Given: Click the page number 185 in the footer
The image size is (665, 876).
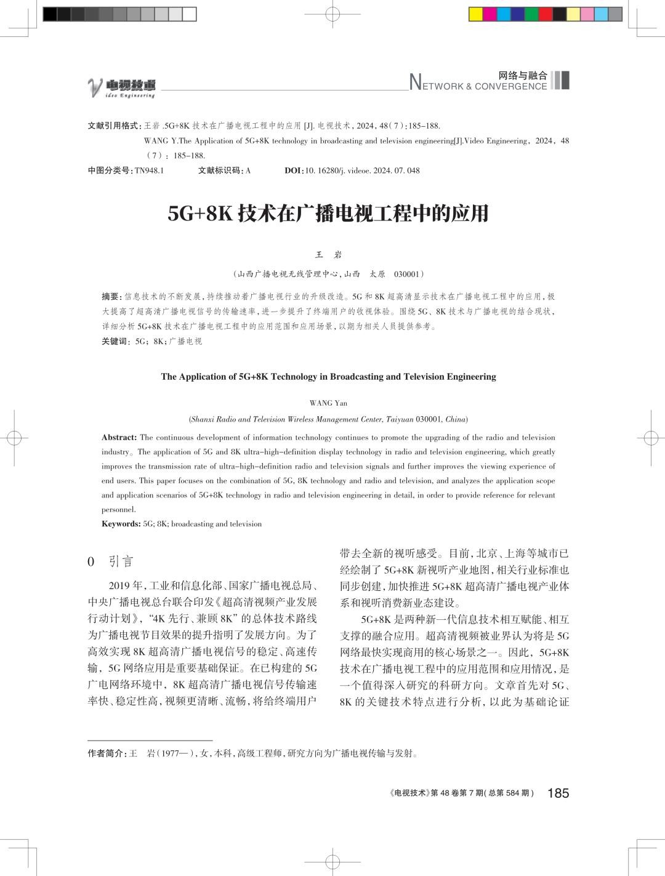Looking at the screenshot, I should pos(558,793).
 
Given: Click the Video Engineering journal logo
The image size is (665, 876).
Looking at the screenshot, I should pos(121,88).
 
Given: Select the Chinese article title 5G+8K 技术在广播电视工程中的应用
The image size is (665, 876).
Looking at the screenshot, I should pos(328,213).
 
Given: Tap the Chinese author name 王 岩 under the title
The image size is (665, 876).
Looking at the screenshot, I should pos(328,254).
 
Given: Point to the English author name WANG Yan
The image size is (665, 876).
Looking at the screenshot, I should pos(328,403).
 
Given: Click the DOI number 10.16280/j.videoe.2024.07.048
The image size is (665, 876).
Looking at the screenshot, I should pos(362,171).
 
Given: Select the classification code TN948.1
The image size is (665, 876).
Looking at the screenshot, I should pos(149,171).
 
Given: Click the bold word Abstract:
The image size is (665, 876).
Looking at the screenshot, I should pos(119,438).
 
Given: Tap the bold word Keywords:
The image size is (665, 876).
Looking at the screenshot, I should pos(121,524).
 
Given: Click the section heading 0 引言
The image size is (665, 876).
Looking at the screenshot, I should pos(111,561).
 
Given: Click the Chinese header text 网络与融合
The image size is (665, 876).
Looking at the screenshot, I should pos(523,75).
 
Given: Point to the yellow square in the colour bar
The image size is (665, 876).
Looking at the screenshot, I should pos(475,14).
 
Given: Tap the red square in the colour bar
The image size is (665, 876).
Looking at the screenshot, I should pos(545,14).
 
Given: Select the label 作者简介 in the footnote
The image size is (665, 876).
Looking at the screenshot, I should pos(106,753).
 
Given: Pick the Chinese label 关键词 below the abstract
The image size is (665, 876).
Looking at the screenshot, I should pos(115,341).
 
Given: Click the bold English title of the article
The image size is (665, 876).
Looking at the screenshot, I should pos(328,376).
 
